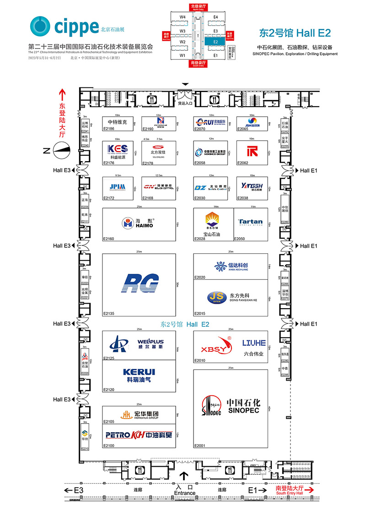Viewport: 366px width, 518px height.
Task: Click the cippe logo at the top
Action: (64, 27)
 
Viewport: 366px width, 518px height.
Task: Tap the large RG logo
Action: (140, 283)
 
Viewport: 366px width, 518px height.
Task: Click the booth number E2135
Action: (109, 313)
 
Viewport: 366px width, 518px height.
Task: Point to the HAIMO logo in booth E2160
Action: (137, 223)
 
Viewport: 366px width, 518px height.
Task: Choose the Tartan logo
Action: (250, 222)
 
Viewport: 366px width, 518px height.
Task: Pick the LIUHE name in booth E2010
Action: (254, 343)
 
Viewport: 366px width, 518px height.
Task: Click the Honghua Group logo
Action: (140, 414)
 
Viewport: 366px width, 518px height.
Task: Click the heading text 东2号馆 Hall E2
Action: (295, 33)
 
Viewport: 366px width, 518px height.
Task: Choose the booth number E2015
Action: (200, 313)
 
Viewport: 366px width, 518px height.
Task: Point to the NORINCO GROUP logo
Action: (210, 152)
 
